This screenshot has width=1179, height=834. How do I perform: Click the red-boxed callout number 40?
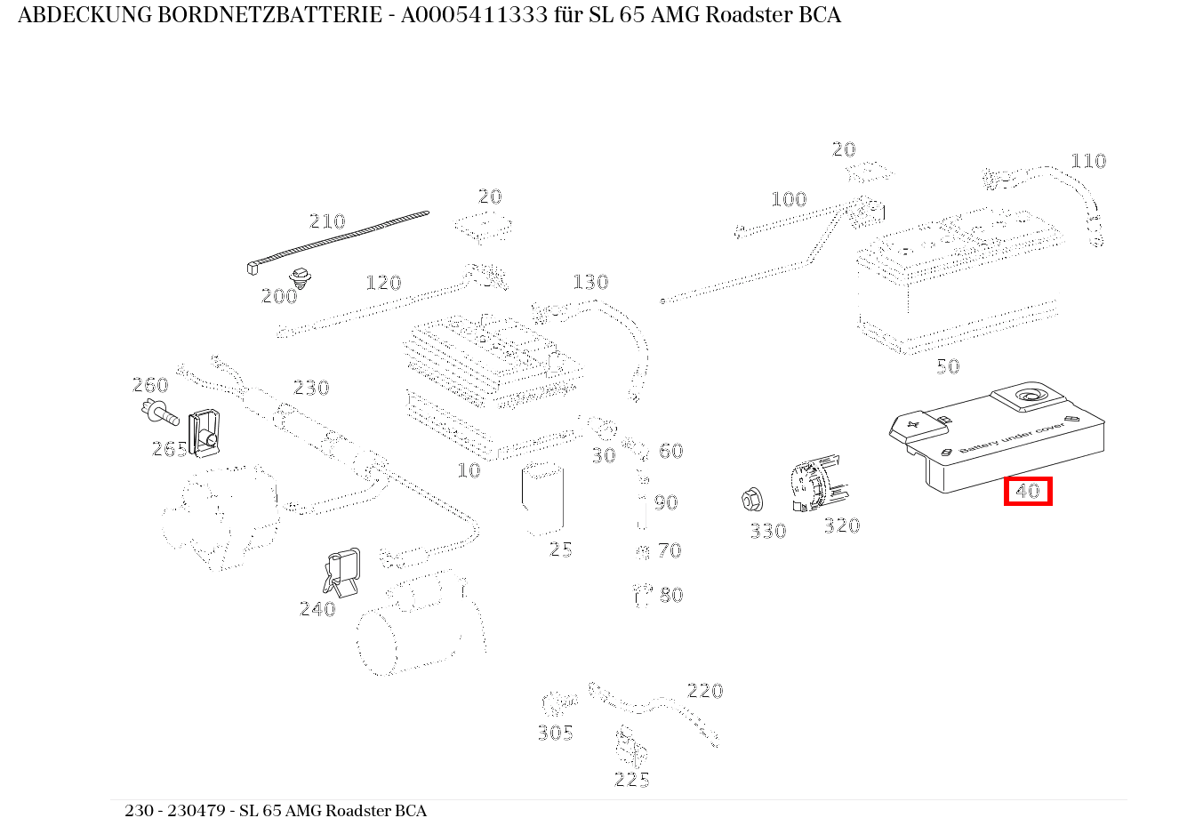1028,491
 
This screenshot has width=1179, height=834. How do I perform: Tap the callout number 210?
326,221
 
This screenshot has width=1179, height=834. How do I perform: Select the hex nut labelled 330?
751,501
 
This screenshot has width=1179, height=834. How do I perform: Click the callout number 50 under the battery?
948,366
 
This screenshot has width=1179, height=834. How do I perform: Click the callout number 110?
1087,161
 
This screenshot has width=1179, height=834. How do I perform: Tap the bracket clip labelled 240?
343,570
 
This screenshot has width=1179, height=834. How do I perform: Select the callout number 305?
555,733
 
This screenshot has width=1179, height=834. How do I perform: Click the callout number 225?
631,780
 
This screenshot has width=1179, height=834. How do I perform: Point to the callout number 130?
589,282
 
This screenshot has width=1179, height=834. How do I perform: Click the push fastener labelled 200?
301,277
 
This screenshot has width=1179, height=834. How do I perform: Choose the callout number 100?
788,199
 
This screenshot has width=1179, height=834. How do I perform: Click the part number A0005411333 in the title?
474,15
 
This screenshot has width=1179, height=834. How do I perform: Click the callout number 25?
560,549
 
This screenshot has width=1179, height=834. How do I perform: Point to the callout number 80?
671,595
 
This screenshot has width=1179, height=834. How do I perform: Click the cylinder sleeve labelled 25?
541,499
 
